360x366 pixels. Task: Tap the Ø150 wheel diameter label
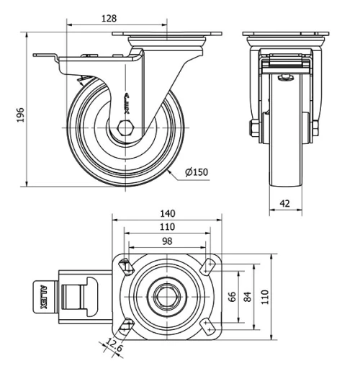[195, 172]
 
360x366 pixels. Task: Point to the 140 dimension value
[168, 213]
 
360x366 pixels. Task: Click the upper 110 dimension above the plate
[168, 227]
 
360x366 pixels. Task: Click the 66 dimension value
[232, 296]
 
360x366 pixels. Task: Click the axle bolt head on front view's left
[254, 130]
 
